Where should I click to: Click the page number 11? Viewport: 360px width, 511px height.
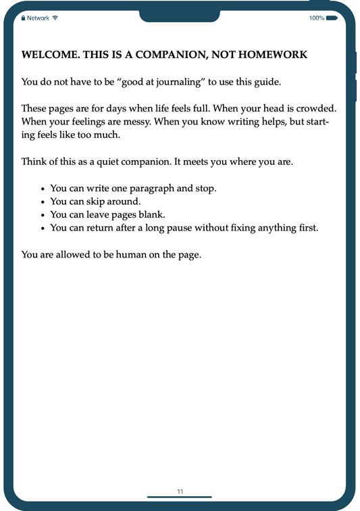click(x=180, y=491)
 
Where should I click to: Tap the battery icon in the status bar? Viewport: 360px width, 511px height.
click(x=332, y=18)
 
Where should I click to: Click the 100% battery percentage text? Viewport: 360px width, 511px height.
click(x=316, y=18)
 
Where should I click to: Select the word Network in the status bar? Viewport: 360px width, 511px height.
click(x=38, y=18)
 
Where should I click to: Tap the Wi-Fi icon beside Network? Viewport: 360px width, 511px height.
click(x=55, y=18)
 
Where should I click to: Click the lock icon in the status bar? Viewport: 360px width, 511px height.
click(x=23, y=18)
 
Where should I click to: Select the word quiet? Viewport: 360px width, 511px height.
click(x=109, y=162)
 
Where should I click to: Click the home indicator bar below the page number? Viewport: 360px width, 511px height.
click(x=180, y=497)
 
